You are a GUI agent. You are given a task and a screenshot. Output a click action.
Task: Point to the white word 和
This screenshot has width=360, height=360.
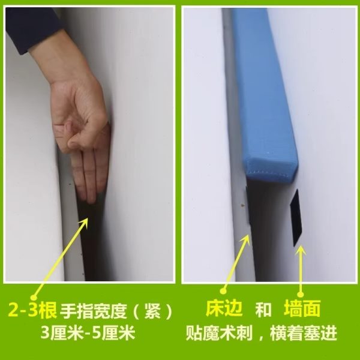point(263,310)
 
